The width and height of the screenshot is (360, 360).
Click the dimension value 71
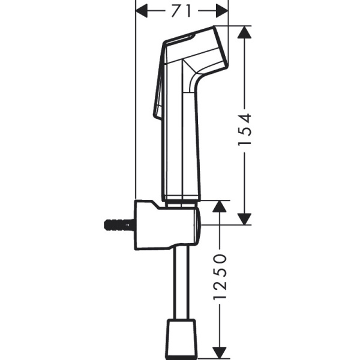[182, 10]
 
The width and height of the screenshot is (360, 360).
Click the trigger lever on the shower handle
[160, 90]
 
